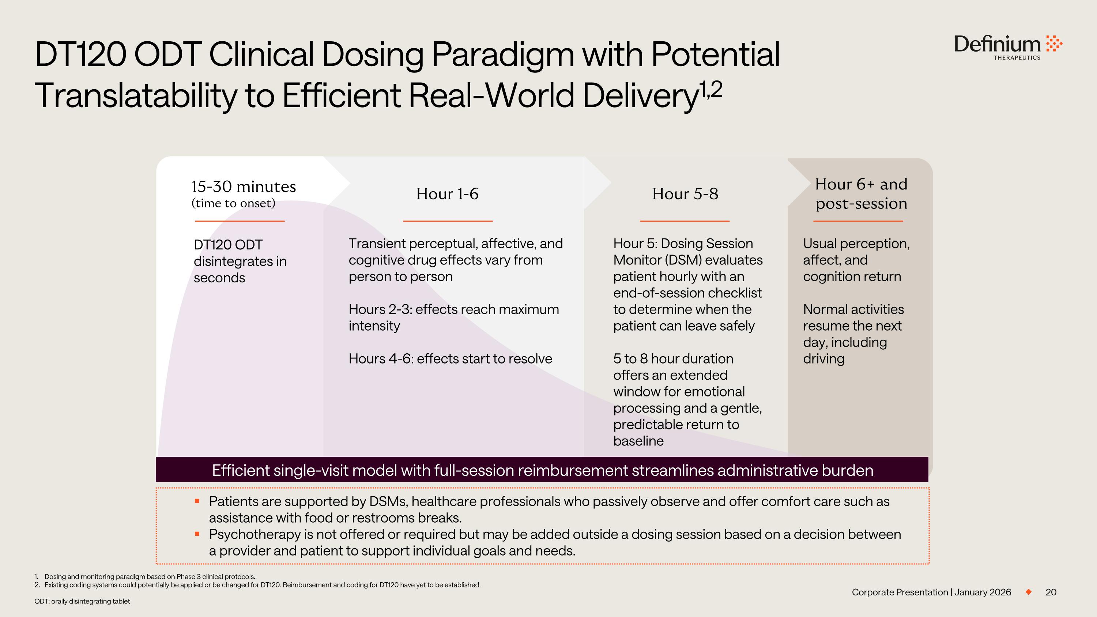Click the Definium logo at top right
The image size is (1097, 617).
point(1008,47)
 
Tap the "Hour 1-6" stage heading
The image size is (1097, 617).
point(447,194)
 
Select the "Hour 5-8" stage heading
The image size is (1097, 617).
point(685,194)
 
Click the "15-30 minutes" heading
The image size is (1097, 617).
point(244,187)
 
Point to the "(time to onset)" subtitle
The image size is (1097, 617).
point(233,203)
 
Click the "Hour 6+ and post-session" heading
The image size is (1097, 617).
point(861,194)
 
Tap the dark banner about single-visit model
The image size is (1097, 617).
point(542,470)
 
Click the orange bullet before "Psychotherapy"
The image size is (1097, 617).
point(197,534)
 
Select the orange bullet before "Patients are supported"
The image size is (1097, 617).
point(197,501)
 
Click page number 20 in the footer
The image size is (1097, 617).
point(1051,592)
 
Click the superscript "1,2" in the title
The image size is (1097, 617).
point(711,89)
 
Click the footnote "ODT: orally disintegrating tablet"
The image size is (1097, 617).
point(82,601)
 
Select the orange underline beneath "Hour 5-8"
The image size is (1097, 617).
point(685,221)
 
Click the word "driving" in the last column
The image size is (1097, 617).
point(823,359)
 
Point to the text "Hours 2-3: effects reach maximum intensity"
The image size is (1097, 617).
point(454,317)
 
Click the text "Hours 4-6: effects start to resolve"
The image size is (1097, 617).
point(451,358)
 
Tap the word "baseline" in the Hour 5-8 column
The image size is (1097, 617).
point(638,441)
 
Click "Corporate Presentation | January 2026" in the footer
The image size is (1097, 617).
point(931,592)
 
